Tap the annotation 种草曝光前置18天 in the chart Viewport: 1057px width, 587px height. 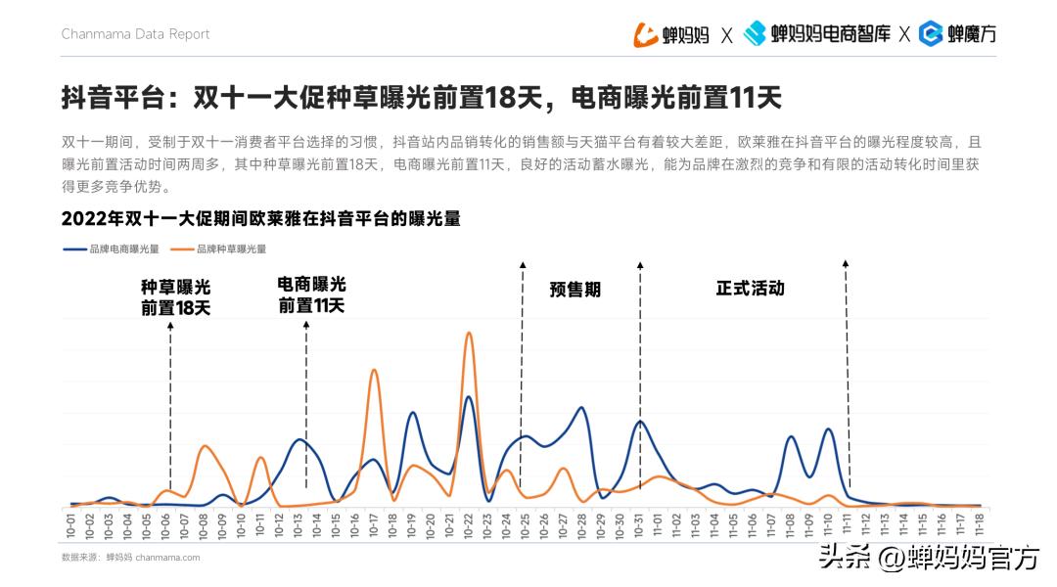tap(175, 297)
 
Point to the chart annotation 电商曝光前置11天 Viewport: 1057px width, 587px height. tap(311, 294)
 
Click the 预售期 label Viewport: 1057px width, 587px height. tap(575, 290)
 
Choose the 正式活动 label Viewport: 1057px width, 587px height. tap(750, 289)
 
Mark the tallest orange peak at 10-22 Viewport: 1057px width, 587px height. tap(469, 334)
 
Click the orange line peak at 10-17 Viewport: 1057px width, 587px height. tap(374, 370)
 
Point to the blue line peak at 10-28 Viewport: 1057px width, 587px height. tap(582, 408)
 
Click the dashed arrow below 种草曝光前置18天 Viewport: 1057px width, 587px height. tap(171, 411)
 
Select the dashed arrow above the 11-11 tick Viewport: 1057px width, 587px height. tap(847, 372)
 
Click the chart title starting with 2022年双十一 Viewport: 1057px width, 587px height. tap(260, 218)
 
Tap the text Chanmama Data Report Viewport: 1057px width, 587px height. tap(136, 34)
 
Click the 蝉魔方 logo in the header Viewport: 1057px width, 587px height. tap(958, 34)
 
